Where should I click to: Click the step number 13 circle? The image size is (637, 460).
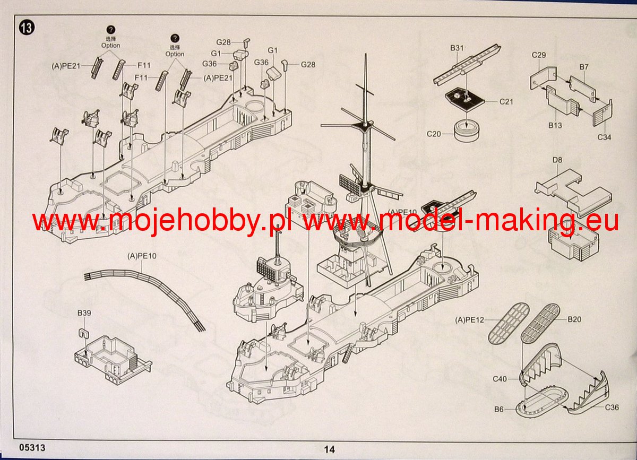tap(27, 28)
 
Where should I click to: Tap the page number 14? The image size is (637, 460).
tap(330, 449)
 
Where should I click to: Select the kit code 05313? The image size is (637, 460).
tap(32, 447)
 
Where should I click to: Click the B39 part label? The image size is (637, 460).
tap(84, 313)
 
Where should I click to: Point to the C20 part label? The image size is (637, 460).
tap(434, 134)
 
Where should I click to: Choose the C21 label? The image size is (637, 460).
tap(506, 101)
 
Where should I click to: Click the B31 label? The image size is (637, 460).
tap(457, 48)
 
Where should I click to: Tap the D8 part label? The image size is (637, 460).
tap(557, 160)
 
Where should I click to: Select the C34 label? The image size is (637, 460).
tap(604, 137)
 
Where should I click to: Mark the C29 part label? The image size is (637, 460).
tap(539, 55)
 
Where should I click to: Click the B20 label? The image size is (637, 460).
tap(574, 319)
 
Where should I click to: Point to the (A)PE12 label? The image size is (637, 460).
tap(469, 320)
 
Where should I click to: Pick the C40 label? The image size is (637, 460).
tap(500, 379)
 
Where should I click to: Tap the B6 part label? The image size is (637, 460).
tap(499, 409)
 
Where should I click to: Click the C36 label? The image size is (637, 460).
tap(612, 407)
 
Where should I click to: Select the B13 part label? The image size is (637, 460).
tap(555, 125)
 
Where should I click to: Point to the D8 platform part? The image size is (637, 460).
tap(572, 193)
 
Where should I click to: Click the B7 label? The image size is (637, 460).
tap(584, 67)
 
